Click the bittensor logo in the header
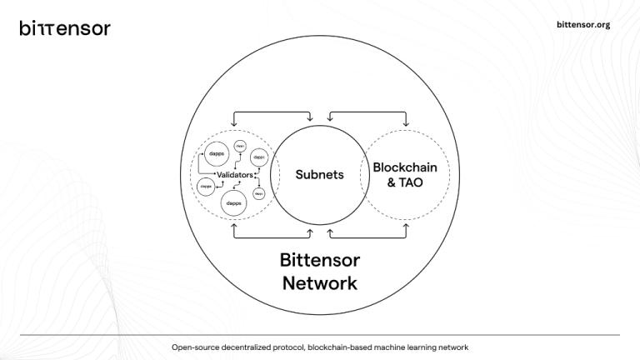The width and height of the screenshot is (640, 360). click(64, 28)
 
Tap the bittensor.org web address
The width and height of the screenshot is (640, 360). click(582, 24)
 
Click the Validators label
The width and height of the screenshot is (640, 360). click(235, 175)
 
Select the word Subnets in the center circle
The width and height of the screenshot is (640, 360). click(319, 175)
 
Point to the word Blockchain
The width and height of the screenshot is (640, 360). click(405, 167)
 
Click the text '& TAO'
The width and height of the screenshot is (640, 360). click(405, 182)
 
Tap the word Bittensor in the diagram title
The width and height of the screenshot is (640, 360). click(319, 260)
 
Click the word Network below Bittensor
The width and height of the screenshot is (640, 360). click(319, 283)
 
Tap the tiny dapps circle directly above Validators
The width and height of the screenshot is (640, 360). click(240, 145)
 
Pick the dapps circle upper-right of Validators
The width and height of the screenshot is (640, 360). click(258, 157)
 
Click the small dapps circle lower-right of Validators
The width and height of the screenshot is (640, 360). click(258, 193)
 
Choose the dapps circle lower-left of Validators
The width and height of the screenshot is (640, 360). click(205, 186)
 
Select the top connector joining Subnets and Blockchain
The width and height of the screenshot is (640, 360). click(367, 111)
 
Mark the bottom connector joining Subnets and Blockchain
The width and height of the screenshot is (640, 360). click(367, 237)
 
